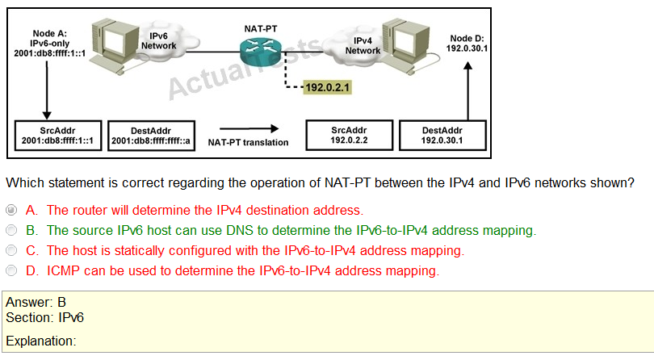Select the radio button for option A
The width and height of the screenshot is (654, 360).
pyautogui.click(x=10, y=210)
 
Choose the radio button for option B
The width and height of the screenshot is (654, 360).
pyautogui.click(x=10, y=231)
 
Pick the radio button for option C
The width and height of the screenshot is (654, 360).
pyautogui.click(x=10, y=251)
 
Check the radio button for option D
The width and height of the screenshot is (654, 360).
pyautogui.click(x=10, y=271)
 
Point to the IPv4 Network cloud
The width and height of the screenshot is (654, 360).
pyautogui.click(x=363, y=45)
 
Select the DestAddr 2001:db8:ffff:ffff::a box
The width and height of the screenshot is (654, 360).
pyautogui.click(x=151, y=136)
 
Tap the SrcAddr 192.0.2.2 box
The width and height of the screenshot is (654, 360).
pyautogui.click(x=349, y=135)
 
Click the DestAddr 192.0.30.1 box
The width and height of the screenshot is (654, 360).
pyautogui.click(x=442, y=135)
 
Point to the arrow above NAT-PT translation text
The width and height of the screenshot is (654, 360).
pyautogui.click(x=248, y=128)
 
